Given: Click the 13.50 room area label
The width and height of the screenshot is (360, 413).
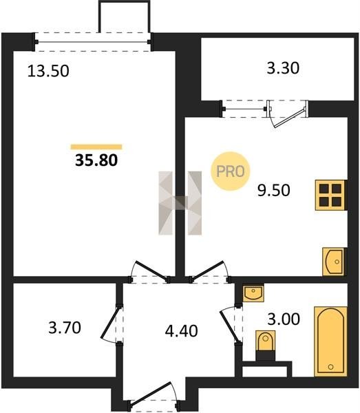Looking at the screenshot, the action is [x=48, y=71].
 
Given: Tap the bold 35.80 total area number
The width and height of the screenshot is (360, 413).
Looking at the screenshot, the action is [x=96, y=160].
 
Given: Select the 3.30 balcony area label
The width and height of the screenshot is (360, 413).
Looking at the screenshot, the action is [x=283, y=68].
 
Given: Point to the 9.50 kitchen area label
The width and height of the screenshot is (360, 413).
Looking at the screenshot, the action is [x=274, y=190].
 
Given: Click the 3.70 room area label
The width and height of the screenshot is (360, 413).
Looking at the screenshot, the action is [x=65, y=328].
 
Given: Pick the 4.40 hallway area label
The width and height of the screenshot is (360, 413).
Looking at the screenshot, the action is [x=182, y=331].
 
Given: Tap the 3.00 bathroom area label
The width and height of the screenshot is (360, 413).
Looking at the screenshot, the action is [x=284, y=319].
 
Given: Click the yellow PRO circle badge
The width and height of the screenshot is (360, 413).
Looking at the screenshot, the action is [x=230, y=171].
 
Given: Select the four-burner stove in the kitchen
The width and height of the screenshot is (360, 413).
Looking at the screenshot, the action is [x=330, y=195].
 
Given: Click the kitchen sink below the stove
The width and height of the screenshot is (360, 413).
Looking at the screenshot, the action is [x=333, y=262].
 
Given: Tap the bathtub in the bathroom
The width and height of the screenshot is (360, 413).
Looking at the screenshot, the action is [x=330, y=341].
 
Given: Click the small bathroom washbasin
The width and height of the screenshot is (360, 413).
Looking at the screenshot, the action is [x=253, y=293].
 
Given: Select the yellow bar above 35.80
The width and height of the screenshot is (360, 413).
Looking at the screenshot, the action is [x=96, y=147].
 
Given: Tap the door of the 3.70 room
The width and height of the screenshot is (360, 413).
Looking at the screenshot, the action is [x=109, y=324].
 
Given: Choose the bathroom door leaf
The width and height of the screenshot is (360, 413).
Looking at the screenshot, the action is [x=229, y=326].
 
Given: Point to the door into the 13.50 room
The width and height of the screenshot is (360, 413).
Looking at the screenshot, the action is [x=150, y=271].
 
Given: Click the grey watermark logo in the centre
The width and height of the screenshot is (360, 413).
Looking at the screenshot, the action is [x=180, y=203].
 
